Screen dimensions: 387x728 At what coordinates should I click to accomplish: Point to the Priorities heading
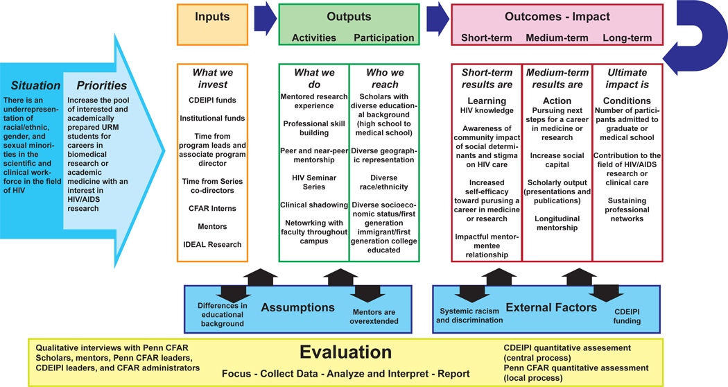point(102,86)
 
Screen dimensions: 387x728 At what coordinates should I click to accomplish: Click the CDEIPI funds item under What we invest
point(213,101)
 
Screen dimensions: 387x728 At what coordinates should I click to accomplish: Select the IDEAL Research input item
point(213,244)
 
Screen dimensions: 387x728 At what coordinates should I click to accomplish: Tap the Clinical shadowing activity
point(313,205)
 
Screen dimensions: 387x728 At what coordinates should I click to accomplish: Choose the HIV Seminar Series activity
point(313,182)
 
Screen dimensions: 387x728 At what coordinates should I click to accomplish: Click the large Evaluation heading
point(345,352)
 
